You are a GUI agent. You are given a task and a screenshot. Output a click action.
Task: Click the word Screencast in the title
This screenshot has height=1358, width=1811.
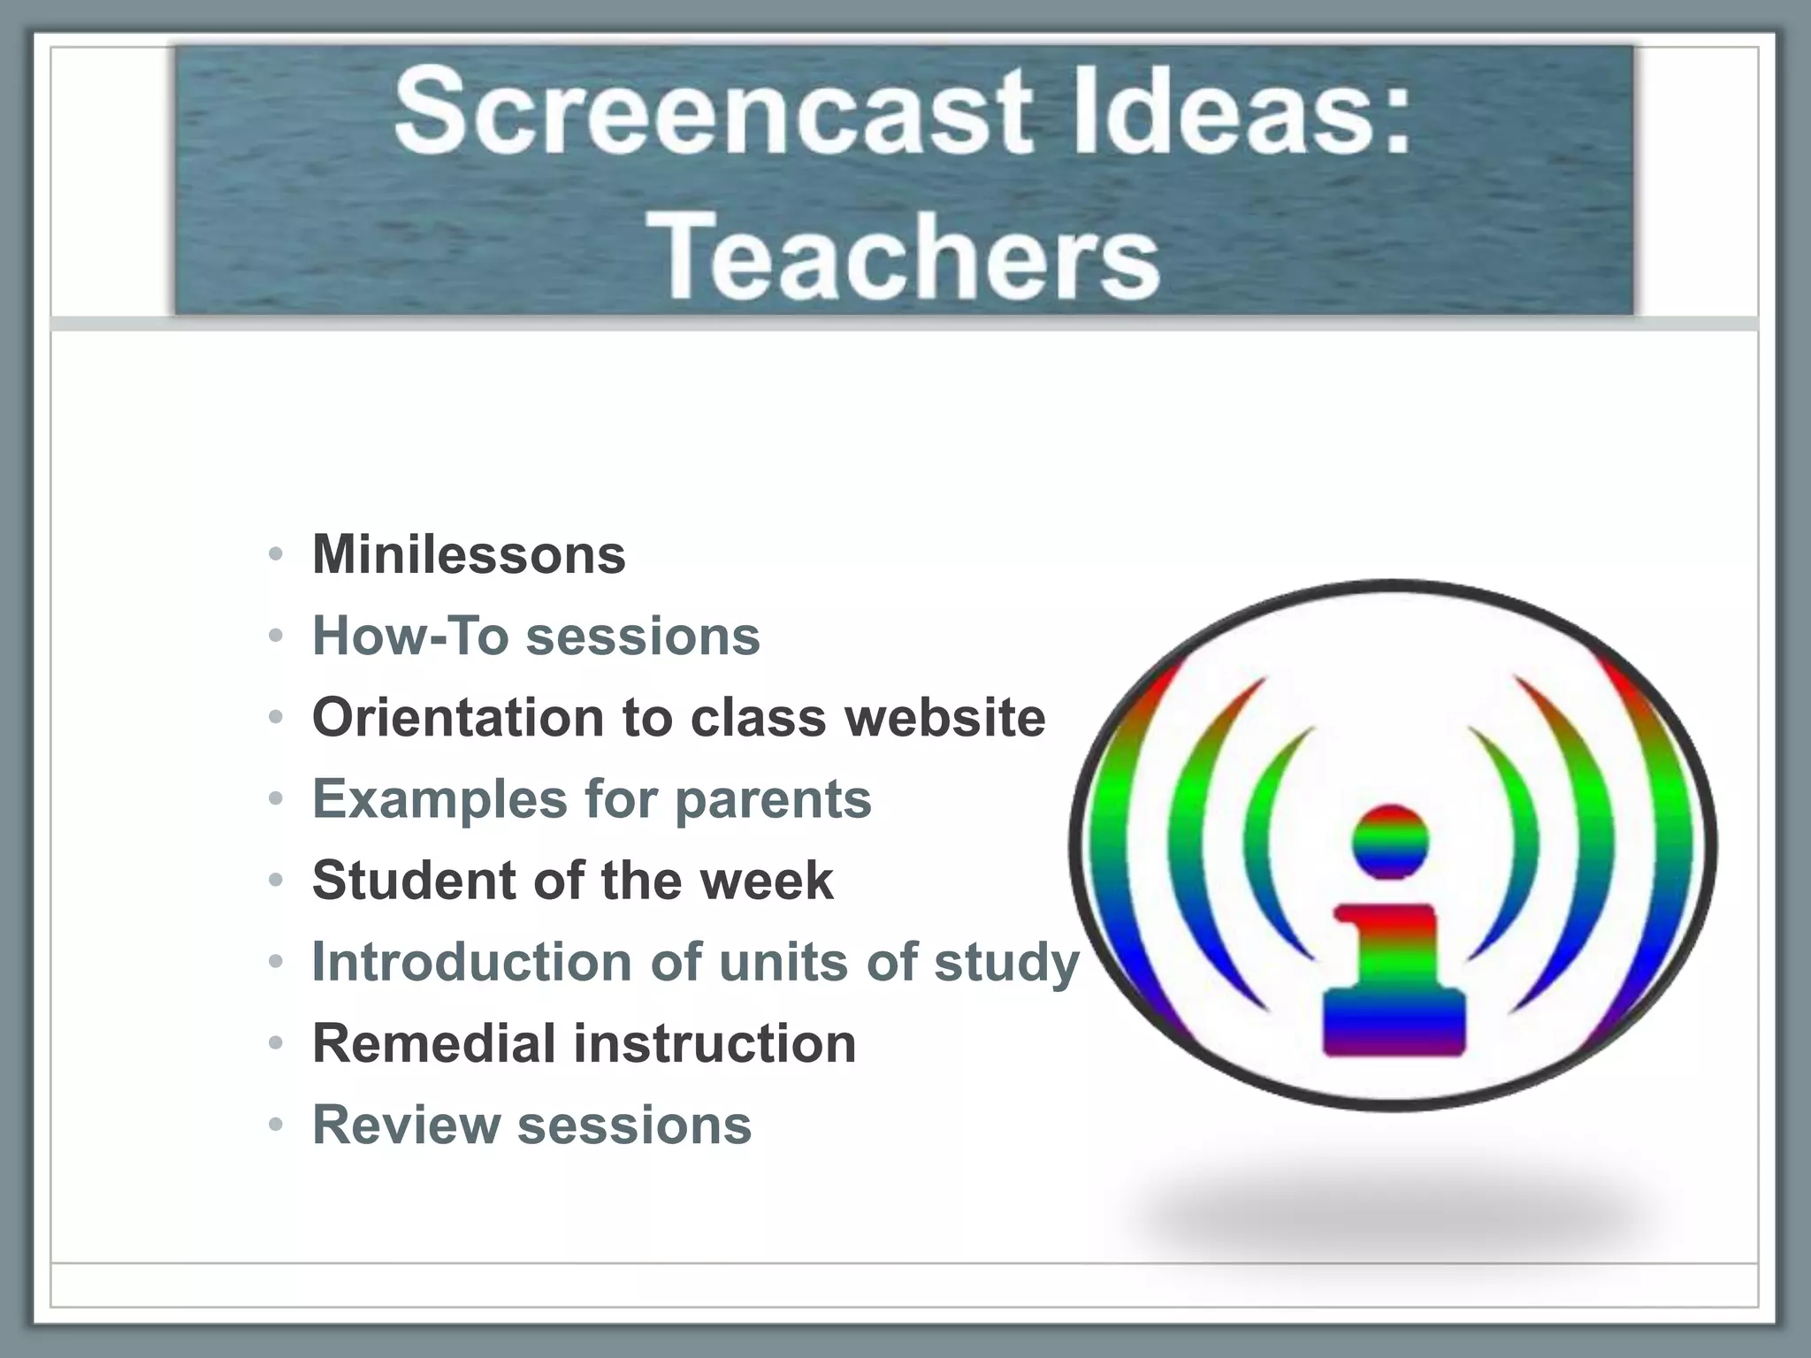[x=712, y=113]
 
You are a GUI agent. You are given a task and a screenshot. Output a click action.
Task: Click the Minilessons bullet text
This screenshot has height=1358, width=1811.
[x=469, y=554]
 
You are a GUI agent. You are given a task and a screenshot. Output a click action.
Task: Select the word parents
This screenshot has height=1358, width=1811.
[x=773, y=799]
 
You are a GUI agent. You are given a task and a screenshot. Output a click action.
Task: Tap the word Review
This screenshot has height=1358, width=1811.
[x=406, y=1125]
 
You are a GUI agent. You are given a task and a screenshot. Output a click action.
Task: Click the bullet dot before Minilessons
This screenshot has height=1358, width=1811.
[x=276, y=555]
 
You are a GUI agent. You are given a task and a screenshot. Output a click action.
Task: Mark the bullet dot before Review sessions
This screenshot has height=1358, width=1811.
[x=276, y=1125]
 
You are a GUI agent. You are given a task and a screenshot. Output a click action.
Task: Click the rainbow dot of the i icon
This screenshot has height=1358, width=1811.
[x=1390, y=842]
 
